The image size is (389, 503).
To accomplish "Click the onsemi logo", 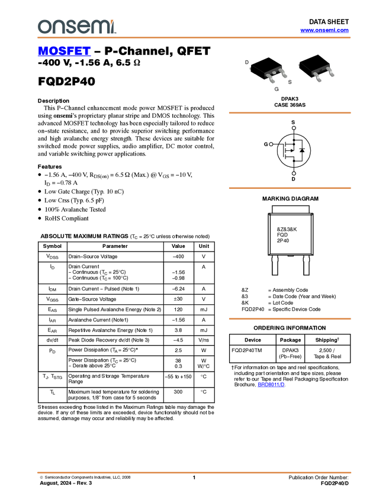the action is click(x=76, y=27).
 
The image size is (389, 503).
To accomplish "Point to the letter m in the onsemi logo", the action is click(x=100, y=27).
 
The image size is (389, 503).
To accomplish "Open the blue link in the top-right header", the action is click(x=324, y=30).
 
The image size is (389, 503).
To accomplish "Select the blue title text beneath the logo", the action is click(x=64, y=51).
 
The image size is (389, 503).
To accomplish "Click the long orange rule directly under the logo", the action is click(x=194, y=38).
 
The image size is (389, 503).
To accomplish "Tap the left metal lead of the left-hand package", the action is click(x=271, y=79).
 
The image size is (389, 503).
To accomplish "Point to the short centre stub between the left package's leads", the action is click(x=277, y=74).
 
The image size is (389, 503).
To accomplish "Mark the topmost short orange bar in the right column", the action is click(x=290, y=112).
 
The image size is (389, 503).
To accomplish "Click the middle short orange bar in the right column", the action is click(x=290, y=188).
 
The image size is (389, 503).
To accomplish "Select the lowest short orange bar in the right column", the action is click(x=290, y=319).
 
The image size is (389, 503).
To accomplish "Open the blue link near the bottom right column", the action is click(x=271, y=385).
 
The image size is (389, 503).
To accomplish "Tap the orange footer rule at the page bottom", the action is click(x=194, y=473).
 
